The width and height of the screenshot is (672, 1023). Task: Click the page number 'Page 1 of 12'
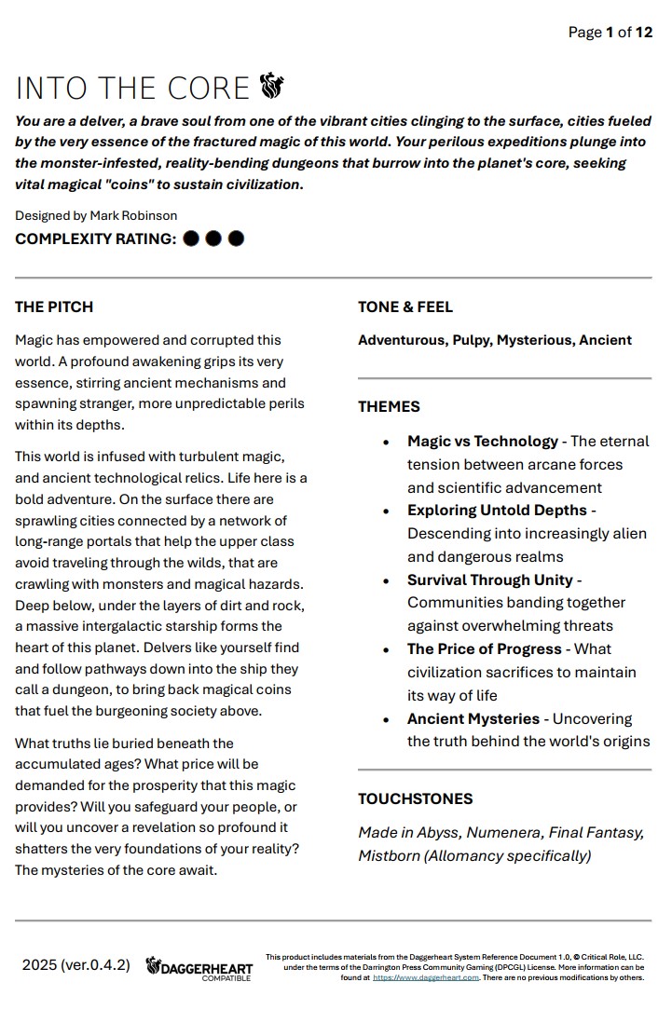[610, 33]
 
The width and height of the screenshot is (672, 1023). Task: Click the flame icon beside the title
[271, 87]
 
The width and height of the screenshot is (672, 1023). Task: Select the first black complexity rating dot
[191, 239]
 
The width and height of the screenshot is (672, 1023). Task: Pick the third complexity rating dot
[236, 239]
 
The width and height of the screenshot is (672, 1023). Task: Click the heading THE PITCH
[54, 307]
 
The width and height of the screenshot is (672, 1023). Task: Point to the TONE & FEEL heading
[405, 307]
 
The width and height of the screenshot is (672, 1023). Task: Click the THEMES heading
[389, 406]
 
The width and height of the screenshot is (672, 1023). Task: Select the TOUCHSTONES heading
[416, 798]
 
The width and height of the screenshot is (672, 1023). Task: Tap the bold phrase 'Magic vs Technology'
[483, 441]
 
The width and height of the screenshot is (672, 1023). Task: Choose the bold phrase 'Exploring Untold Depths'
[497, 510]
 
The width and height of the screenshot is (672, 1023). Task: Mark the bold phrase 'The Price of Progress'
[485, 648]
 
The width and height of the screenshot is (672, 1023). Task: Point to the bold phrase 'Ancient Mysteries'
[473, 718]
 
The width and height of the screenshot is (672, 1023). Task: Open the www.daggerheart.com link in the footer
[426, 977]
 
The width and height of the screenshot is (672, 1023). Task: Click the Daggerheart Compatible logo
[199, 968]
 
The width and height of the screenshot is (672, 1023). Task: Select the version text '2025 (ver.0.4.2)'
[76, 964]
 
